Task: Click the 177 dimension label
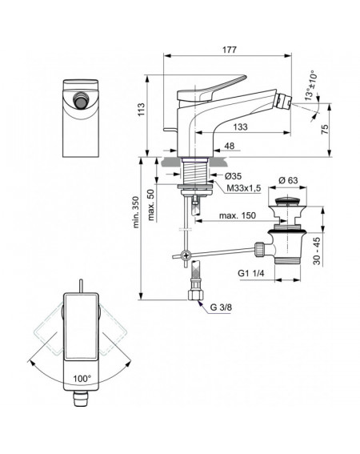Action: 229,50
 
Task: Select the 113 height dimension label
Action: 142,110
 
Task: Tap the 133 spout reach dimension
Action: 241,127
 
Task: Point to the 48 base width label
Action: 230,146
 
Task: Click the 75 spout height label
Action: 326,129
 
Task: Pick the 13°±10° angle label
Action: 310,86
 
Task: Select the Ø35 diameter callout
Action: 233,175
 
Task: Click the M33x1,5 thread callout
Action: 244,188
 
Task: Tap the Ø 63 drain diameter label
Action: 288,180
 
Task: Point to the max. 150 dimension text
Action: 238,215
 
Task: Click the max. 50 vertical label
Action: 150,205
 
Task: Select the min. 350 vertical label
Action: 136,212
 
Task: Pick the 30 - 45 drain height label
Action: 317,251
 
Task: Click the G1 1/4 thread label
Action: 251,273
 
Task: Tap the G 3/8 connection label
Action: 221,307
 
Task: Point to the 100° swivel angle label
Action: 82,379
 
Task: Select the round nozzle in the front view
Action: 80,100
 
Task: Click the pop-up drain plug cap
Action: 287,200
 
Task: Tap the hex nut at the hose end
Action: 196,295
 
